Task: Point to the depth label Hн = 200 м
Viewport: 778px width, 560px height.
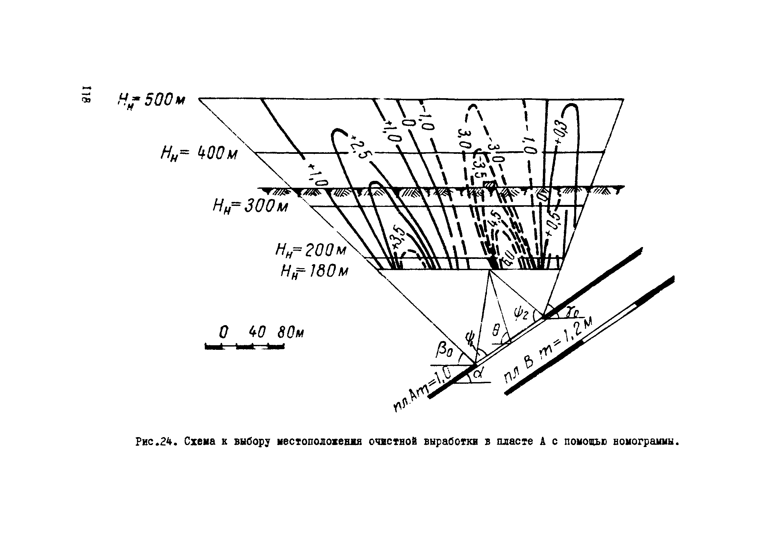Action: (x=311, y=251)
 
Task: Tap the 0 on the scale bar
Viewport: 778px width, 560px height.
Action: (x=223, y=332)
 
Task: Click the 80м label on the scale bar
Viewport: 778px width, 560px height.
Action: (x=290, y=332)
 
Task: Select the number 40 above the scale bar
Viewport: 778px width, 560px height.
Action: (x=257, y=332)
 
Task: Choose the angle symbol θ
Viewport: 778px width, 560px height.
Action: (x=496, y=330)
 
